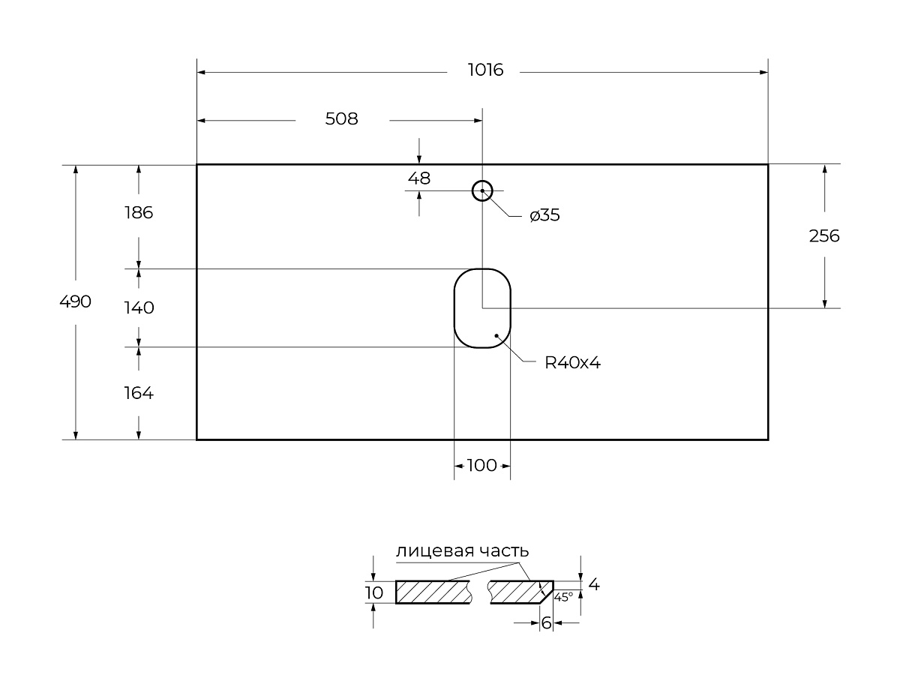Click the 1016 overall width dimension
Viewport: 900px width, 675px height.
tap(485, 70)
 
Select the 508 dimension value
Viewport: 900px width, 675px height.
tap(341, 118)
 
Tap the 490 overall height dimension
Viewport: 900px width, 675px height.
tap(75, 301)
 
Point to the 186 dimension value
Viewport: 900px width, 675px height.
tap(138, 212)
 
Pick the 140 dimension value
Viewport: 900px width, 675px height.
tap(139, 307)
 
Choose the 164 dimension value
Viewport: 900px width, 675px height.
tap(138, 392)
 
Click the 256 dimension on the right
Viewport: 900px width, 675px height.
tap(824, 235)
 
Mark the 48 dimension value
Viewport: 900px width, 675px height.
tap(418, 178)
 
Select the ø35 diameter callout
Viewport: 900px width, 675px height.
tap(544, 216)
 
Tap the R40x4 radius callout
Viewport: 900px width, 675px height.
tap(573, 363)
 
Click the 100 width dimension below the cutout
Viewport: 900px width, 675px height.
tap(481, 465)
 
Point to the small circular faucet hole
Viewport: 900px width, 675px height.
tap(481, 191)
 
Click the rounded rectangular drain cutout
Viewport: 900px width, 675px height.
tap(482, 308)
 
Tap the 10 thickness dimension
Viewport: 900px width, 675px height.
tap(373, 592)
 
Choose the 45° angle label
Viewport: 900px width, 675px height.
tap(563, 597)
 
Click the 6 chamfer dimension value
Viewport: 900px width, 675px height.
tap(546, 622)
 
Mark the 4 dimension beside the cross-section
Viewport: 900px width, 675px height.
tap(594, 584)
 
